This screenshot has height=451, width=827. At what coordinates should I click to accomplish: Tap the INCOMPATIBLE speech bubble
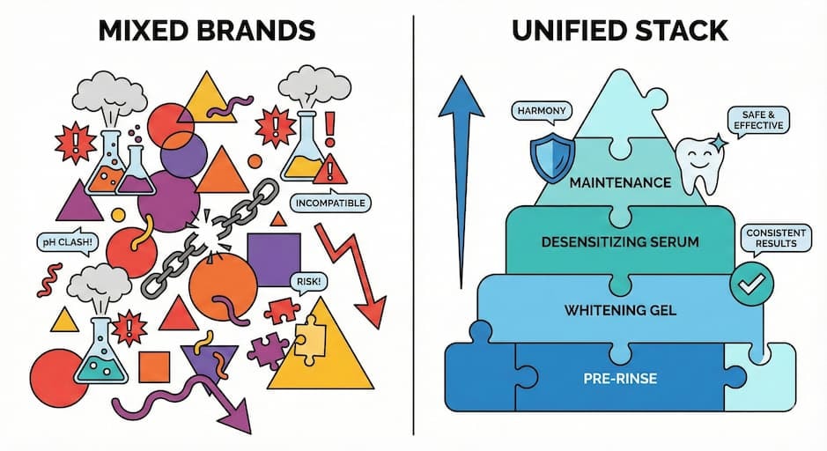[329, 203]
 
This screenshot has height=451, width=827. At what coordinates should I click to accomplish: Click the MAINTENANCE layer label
[622, 184]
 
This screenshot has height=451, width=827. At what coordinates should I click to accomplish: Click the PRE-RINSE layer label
[622, 380]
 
